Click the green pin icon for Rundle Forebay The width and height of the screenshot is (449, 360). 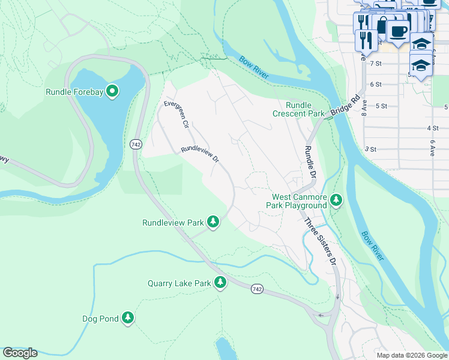[112, 92]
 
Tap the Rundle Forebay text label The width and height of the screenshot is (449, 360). [75, 92]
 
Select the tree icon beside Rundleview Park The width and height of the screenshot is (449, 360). [212, 222]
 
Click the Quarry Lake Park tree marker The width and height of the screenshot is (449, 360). [220, 283]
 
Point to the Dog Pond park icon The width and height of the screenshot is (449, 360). [127, 318]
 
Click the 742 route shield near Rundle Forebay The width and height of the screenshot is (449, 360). [135, 144]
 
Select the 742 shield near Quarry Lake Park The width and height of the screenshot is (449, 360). [256, 289]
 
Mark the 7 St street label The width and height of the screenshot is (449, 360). [376, 63]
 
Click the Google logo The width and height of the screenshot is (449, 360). [20, 353]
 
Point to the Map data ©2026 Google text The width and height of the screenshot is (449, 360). [411, 355]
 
